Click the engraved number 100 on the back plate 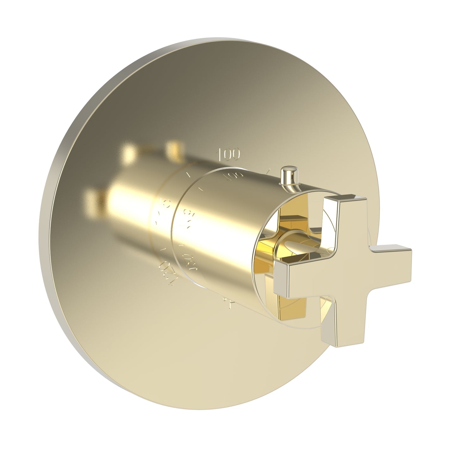pos(228,154)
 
